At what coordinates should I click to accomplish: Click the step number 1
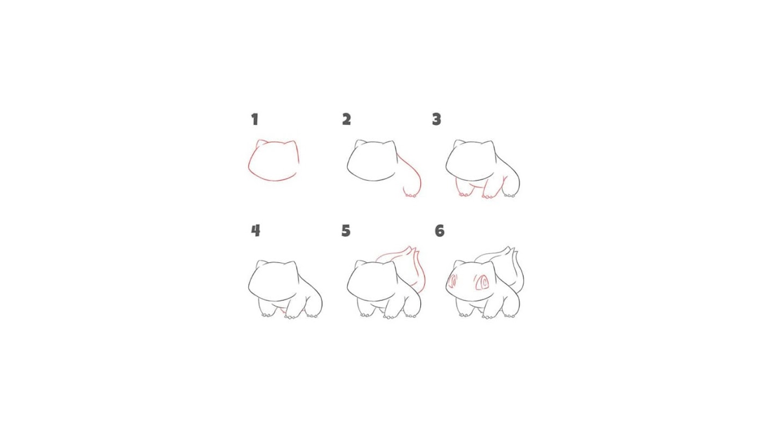click(x=255, y=119)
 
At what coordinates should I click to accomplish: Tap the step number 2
click(x=347, y=119)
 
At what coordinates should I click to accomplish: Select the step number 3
click(x=437, y=119)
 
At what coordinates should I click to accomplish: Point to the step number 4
click(x=256, y=231)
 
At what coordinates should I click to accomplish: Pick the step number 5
click(x=346, y=231)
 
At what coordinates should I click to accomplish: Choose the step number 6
click(x=439, y=231)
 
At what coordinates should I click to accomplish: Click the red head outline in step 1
click(x=249, y=164)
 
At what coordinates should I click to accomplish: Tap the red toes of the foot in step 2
click(x=410, y=196)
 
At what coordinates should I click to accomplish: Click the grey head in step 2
click(x=348, y=164)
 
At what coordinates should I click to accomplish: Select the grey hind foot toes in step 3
click(x=509, y=196)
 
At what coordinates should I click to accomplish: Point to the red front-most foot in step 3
click(x=487, y=196)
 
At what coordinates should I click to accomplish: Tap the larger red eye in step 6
click(x=481, y=282)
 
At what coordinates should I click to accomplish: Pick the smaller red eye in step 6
click(x=453, y=282)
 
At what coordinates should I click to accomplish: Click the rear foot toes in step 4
click(x=312, y=316)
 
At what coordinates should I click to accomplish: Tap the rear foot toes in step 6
click(x=509, y=316)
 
